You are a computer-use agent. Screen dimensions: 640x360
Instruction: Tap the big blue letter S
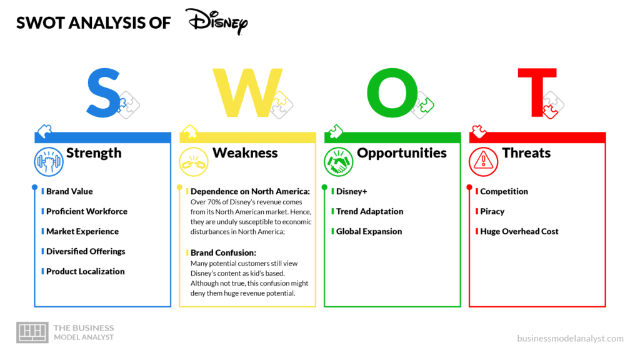pyautogui.click(x=104, y=93)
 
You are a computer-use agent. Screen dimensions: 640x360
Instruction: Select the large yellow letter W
pyautogui.click(x=247, y=92)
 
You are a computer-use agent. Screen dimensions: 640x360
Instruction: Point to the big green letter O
pyautogui.click(x=392, y=92)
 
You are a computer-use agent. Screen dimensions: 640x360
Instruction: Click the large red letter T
pyautogui.click(x=537, y=92)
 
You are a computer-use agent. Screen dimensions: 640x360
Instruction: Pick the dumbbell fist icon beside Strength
pyautogui.click(x=49, y=162)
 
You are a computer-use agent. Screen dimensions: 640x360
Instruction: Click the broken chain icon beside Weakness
pyautogui.click(x=194, y=162)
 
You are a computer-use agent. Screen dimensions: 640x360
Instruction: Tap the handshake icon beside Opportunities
pyautogui.click(x=338, y=162)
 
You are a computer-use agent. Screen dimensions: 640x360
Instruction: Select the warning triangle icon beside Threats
pyautogui.click(x=483, y=162)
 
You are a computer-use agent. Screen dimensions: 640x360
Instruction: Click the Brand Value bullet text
pyautogui.click(x=69, y=191)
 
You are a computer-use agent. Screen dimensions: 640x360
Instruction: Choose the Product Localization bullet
pyautogui.click(x=85, y=271)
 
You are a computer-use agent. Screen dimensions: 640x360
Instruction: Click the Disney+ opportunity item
pyautogui.click(x=351, y=191)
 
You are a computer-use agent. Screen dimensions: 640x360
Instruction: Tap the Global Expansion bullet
pyautogui.click(x=369, y=231)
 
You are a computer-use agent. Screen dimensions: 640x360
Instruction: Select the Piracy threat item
pyautogui.click(x=492, y=211)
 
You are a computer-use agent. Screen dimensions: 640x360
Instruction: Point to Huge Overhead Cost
pyautogui.click(x=519, y=231)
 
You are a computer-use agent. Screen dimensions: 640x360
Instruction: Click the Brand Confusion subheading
pyautogui.click(x=223, y=252)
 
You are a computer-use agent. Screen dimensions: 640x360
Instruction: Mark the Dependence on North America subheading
pyautogui.click(x=250, y=191)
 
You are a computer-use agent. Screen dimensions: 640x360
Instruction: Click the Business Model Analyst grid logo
pyautogui.click(x=32, y=332)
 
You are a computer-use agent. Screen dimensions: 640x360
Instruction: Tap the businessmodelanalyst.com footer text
pyautogui.click(x=570, y=338)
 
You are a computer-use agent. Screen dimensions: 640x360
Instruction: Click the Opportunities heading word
pyautogui.click(x=402, y=153)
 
